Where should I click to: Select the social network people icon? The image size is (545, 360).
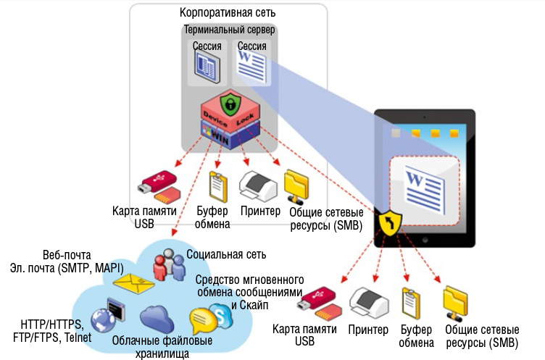tap(167, 264)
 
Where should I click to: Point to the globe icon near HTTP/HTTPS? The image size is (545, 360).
tap(102, 317)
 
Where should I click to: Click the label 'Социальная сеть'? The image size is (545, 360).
tap(226, 254)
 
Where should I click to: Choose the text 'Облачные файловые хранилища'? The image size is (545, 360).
tap(162, 346)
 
